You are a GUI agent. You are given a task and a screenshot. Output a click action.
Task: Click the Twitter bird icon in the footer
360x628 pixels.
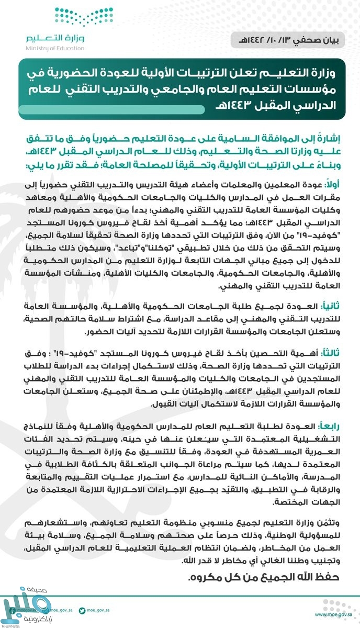coord(82,610)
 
